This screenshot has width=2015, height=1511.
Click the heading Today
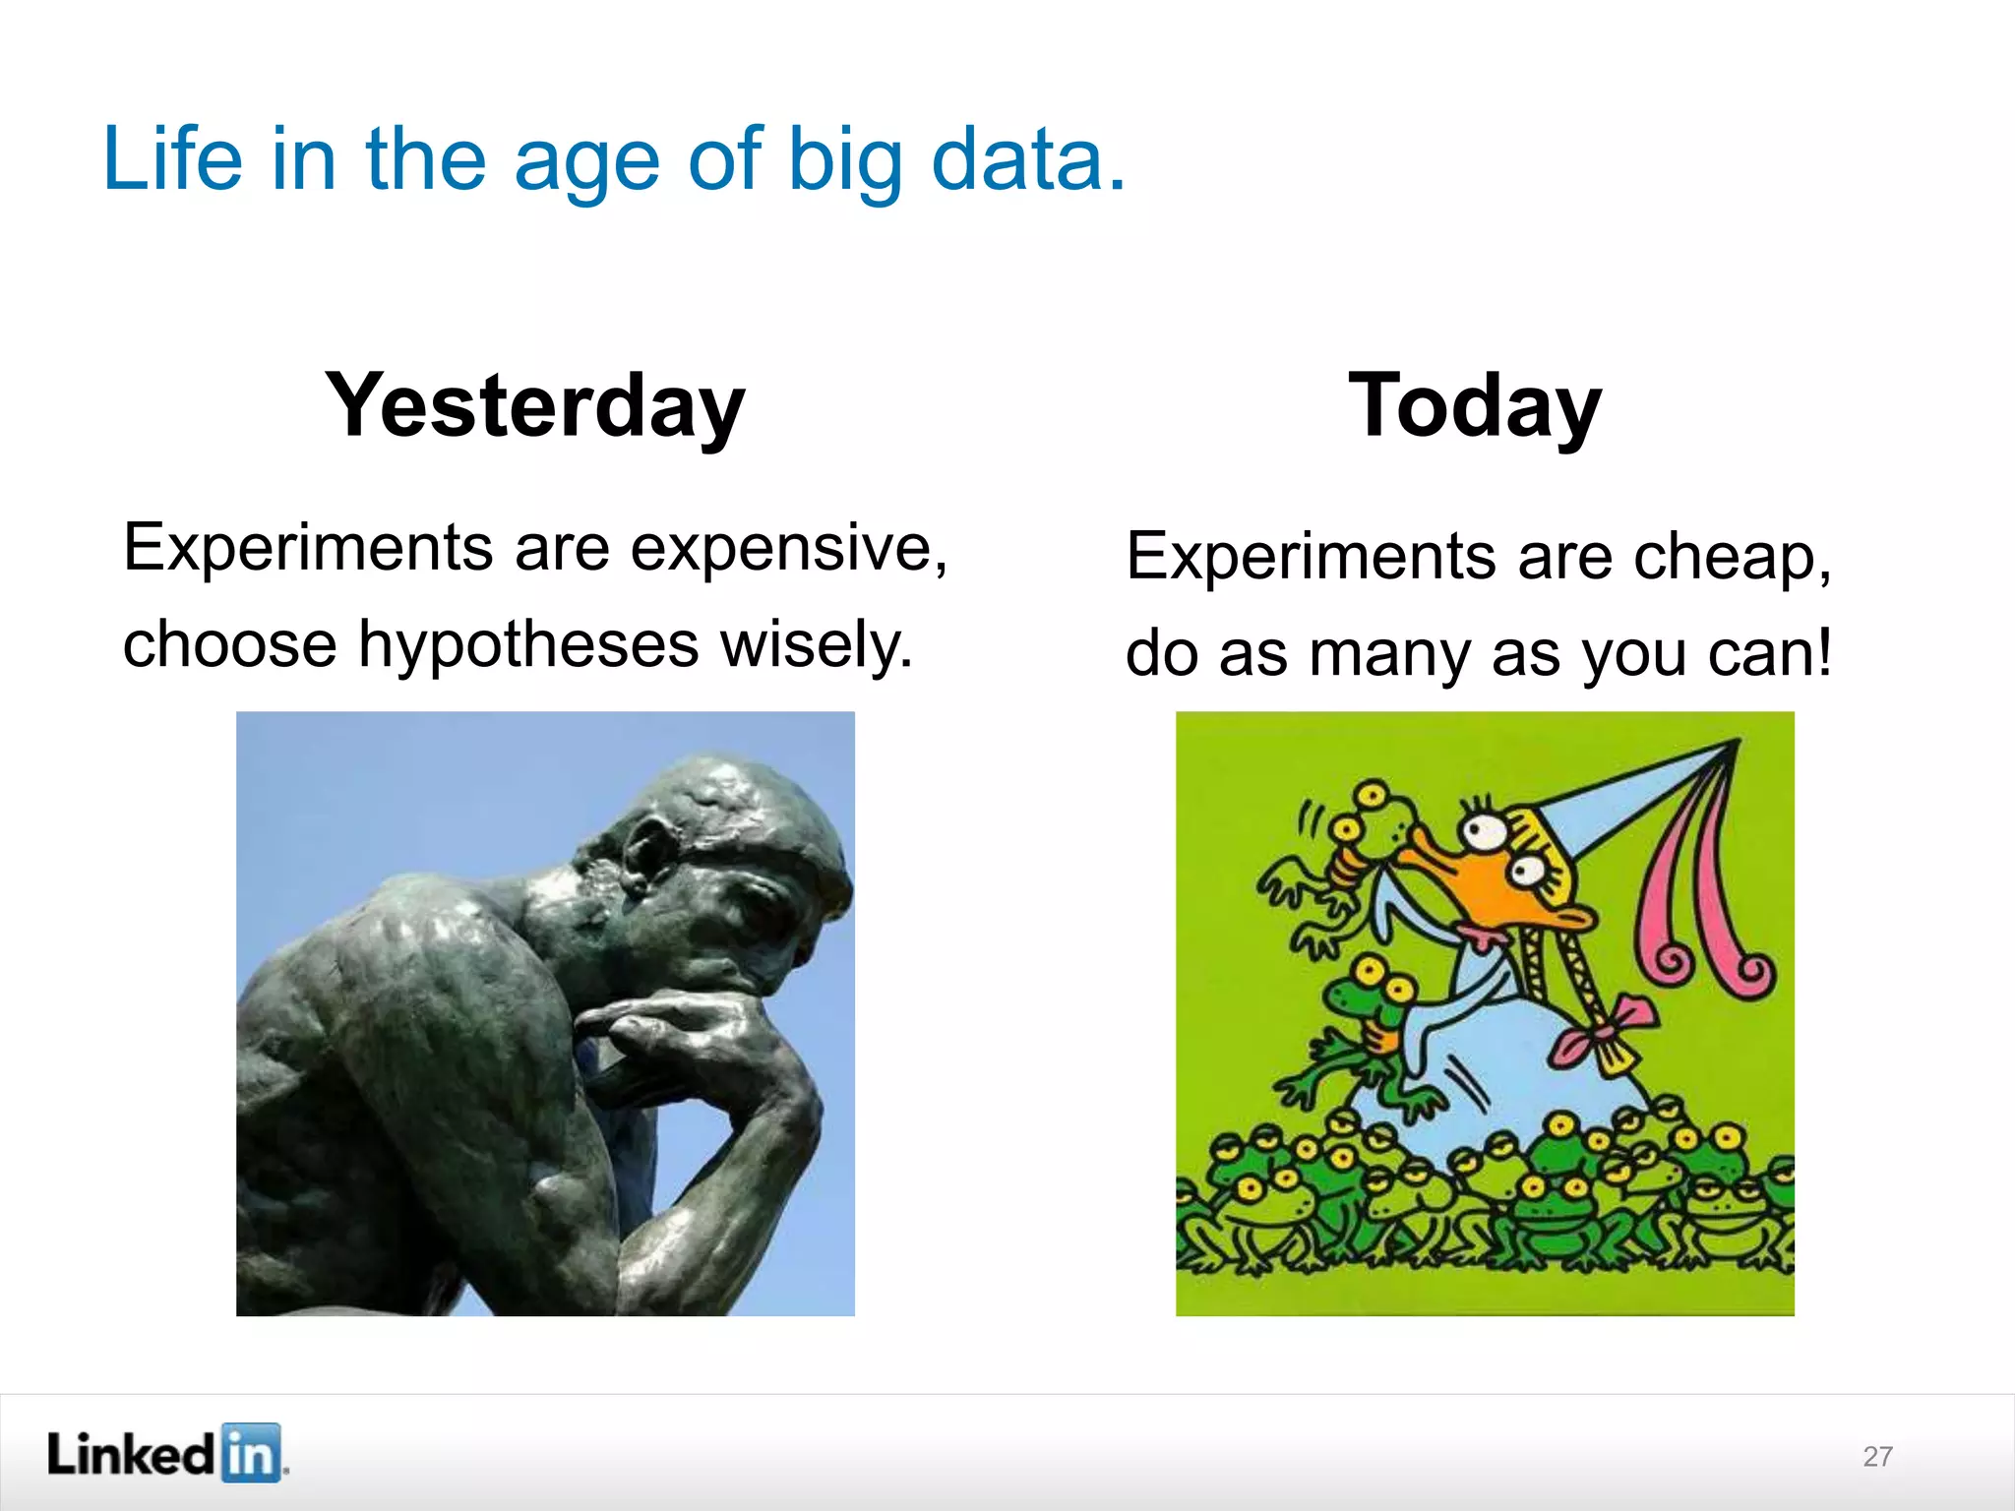(x=1474, y=405)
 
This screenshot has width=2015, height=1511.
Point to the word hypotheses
(x=528, y=644)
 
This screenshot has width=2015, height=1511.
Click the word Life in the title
(x=172, y=159)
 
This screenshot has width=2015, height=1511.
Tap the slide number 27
(x=1877, y=1456)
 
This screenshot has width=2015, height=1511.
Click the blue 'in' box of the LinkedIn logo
(x=250, y=1453)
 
